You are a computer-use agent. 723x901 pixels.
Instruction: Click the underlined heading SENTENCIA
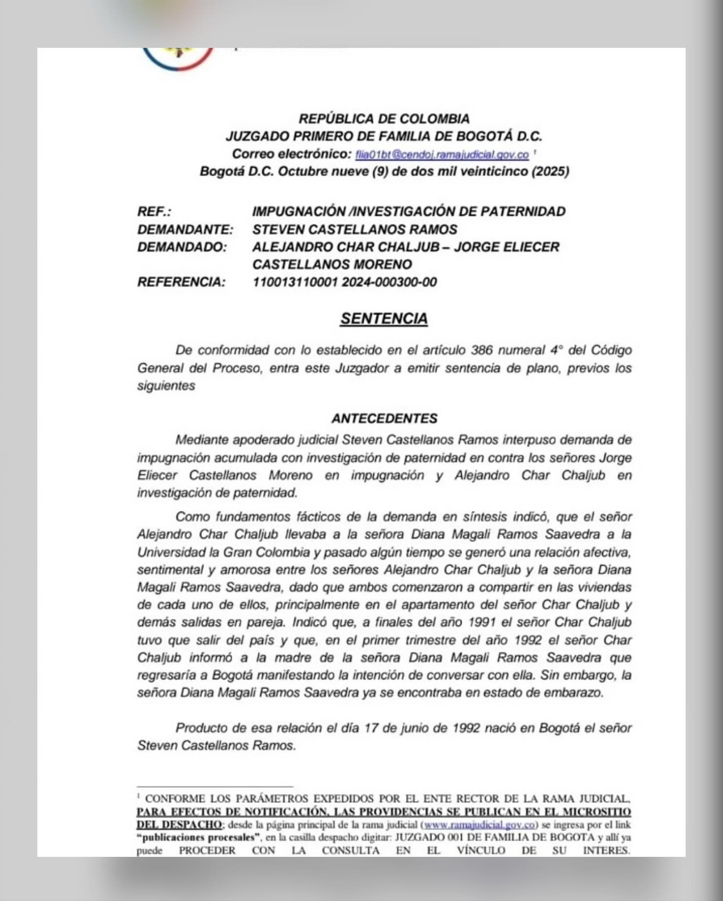click(384, 319)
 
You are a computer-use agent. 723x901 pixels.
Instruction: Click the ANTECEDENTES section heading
click(384, 418)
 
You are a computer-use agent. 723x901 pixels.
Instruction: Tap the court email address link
click(442, 155)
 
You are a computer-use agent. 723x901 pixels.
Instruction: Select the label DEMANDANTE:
click(185, 229)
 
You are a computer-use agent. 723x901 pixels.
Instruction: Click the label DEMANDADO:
click(182, 247)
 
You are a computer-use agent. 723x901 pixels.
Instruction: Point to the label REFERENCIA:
click(181, 282)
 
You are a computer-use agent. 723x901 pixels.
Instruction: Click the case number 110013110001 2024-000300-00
click(344, 282)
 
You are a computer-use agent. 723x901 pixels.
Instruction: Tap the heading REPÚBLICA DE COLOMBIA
click(384, 119)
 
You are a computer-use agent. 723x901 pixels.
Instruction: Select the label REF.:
click(154, 212)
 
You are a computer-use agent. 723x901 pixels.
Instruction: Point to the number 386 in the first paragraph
click(483, 350)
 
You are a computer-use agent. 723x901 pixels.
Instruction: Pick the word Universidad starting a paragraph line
click(170, 552)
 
